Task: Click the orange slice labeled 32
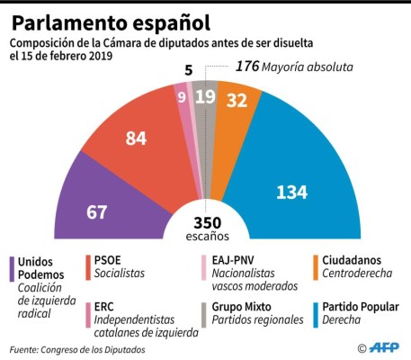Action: pyautogui.click(x=238, y=104)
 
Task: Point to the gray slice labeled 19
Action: pyautogui.click(x=206, y=96)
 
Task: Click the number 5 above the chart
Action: pyautogui.click(x=189, y=69)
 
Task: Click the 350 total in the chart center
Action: pyautogui.click(x=206, y=222)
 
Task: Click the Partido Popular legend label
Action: pyautogui.click(x=361, y=306)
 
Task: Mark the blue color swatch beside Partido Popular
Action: pyautogui.click(x=315, y=313)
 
